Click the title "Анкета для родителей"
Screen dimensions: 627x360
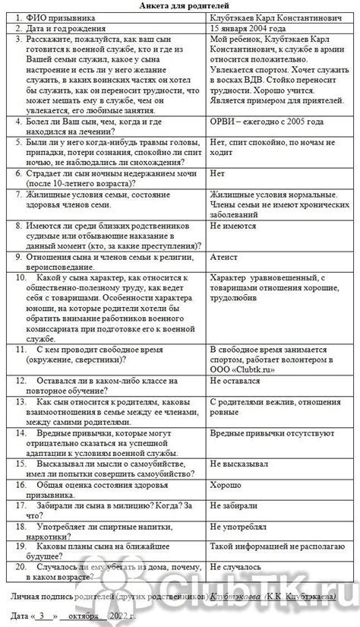coord(180,5)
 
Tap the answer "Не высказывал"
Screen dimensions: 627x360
coord(238,463)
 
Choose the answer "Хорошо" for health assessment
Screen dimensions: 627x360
coord(226,483)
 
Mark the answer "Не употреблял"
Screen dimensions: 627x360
coord(237,525)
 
